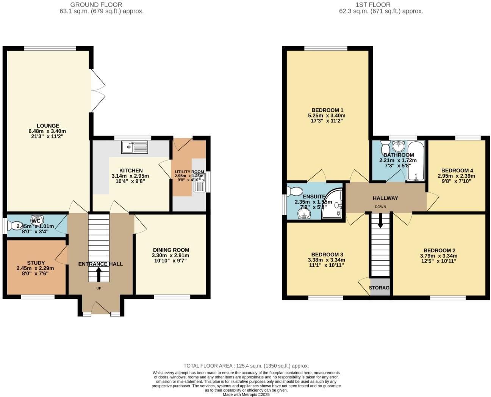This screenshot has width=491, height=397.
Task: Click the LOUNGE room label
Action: click(x=48, y=126)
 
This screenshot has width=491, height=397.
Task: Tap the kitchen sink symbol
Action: click(x=135, y=147)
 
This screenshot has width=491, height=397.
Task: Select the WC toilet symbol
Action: click(x=17, y=226)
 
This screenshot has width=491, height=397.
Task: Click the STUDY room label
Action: click(x=36, y=263)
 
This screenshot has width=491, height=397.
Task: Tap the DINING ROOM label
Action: click(x=171, y=250)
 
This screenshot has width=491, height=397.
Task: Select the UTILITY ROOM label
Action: click(x=189, y=172)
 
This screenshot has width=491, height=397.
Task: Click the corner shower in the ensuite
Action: click(x=333, y=205)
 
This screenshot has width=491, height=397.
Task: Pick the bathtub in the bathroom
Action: click(x=416, y=161)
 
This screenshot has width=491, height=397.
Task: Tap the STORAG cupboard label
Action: click(x=379, y=288)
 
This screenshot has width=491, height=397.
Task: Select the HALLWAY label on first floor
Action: click(x=385, y=198)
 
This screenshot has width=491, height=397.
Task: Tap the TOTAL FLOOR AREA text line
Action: click(x=246, y=366)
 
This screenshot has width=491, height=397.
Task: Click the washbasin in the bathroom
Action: click(x=398, y=146)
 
